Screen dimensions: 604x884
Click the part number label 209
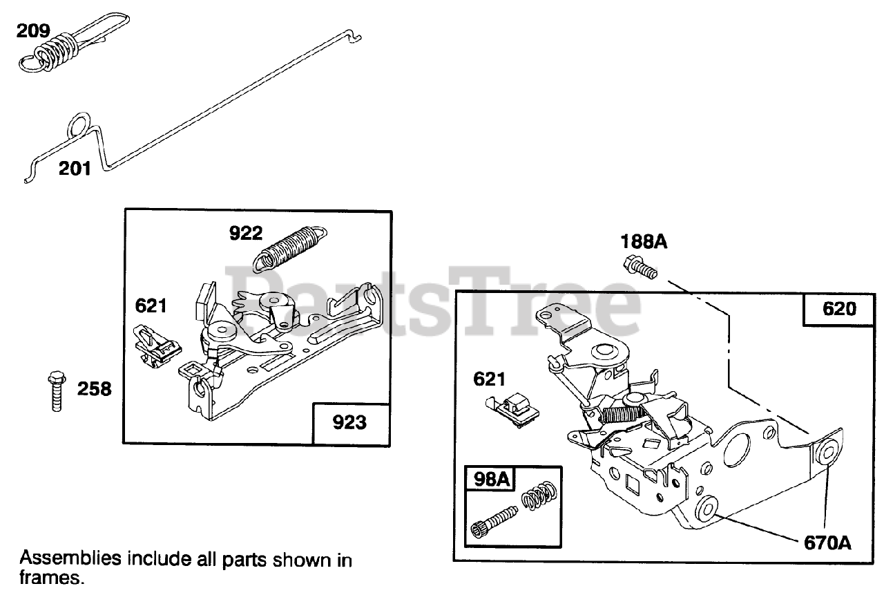pyautogui.click(x=33, y=31)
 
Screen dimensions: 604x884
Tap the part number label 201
pyautogui.click(x=75, y=168)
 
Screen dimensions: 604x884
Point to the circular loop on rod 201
pyautogui.click(x=80, y=127)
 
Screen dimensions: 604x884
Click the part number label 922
pyautogui.click(x=246, y=234)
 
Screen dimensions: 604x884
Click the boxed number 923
pyautogui.click(x=349, y=422)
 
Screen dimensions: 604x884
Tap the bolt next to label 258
pyautogui.click(x=55, y=392)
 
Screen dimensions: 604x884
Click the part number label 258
pyautogui.click(x=94, y=390)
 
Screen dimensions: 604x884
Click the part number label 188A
pyautogui.click(x=644, y=242)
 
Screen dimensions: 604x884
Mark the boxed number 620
pyautogui.click(x=839, y=308)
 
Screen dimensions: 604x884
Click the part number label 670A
pyautogui.click(x=826, y=543)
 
